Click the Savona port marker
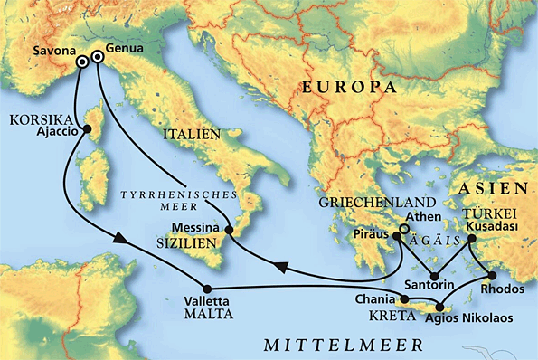82,62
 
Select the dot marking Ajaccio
88,129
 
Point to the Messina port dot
230,232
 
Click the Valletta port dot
207,288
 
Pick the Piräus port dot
396,237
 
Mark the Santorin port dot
434,277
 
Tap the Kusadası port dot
471,240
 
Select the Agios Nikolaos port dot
440,306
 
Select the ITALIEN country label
192,135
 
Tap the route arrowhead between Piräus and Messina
282,268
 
